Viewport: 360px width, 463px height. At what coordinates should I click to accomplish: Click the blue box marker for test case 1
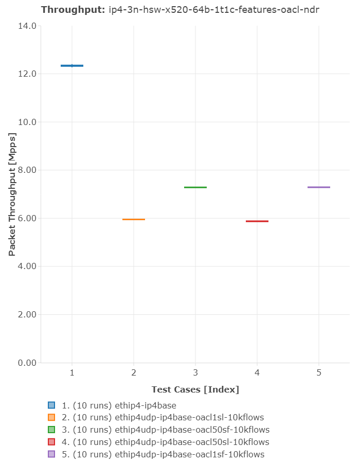coord(72,66)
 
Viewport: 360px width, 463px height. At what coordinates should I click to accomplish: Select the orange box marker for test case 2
coord(134,220)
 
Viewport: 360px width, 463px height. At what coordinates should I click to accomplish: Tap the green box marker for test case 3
coord(195,187)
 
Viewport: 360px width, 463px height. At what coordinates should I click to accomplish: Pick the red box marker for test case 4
coord(257,221)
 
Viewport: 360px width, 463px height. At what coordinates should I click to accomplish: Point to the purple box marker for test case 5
coord(319,187)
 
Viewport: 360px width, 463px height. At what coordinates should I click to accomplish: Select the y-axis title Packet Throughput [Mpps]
coord(12,194)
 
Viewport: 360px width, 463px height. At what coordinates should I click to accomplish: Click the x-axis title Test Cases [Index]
coord(195,389)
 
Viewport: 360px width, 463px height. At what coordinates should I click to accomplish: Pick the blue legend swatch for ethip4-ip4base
coord(51,405)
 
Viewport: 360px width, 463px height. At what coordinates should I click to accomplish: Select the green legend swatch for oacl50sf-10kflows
coord(51,430)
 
